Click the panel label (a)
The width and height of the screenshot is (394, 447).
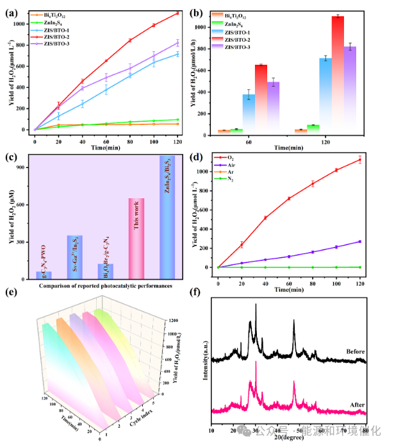[11, 8]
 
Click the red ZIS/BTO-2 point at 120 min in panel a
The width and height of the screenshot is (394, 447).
[177, 13]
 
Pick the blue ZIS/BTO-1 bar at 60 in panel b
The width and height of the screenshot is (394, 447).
[249, 114]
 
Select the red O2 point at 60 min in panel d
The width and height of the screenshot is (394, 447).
[289, 198]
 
